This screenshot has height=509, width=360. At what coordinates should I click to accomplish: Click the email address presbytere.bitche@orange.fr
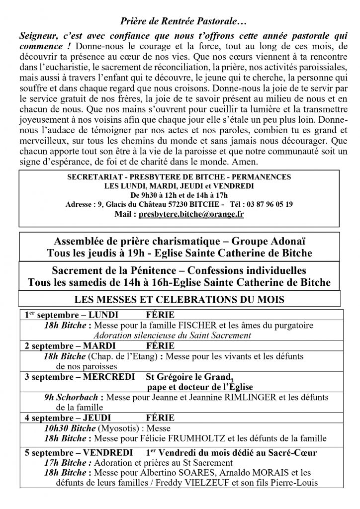tap(196, 214)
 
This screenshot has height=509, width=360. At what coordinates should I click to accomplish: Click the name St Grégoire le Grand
tap(188, 376)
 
